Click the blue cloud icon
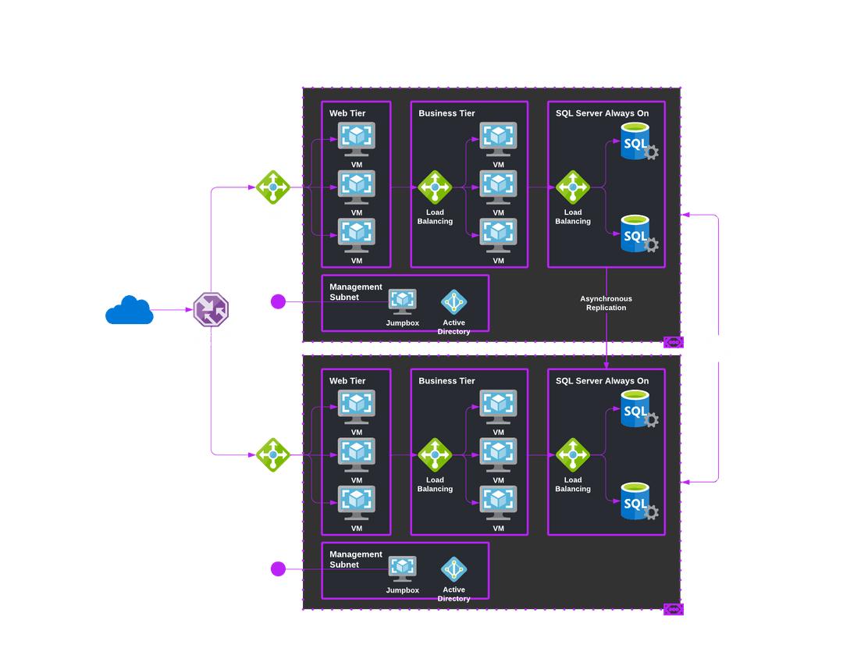(x=129, y=310)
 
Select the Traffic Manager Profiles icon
(x=210, y=309)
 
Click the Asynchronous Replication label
(x=606, y=303)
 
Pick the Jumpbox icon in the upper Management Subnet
(x=403, y=301)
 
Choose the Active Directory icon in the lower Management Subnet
(x=454, y=568)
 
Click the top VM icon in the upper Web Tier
(x=357, y=139)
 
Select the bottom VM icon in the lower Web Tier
(x=357, y=503)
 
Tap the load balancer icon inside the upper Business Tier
(x=435, y=187)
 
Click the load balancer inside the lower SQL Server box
(x=573, y=455)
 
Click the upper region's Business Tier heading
(x=446, y=113)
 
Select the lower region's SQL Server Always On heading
(x=602, y=381)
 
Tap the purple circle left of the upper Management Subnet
(x=278, y=301)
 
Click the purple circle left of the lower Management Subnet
(x=278, y=568)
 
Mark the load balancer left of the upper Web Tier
(x=273, y=187)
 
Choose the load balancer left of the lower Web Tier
(x=273, y=455)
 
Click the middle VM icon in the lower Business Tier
(x=498, y=454)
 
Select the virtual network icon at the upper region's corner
(x=673, y=342)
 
